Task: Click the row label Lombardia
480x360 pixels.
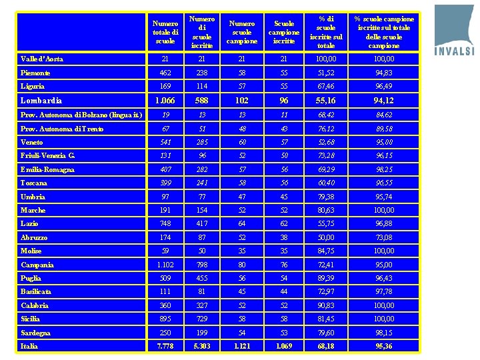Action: [41, 100]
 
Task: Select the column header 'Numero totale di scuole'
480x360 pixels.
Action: [165, 32]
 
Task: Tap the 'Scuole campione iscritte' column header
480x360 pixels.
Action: [284, 32]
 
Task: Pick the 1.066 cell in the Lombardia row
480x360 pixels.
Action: [165, 100]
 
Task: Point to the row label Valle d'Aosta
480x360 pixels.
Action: [41, 59]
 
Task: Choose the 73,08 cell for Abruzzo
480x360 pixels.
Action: [384, 237]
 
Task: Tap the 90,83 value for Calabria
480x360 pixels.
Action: [326, 305]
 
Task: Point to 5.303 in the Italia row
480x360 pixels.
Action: [201, 346]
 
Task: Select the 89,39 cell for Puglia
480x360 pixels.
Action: [326, 278]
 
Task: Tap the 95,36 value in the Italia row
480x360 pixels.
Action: [384, 346]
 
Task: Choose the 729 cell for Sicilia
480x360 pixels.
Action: [201, 319]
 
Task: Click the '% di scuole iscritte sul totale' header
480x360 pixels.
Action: [326, 32]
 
